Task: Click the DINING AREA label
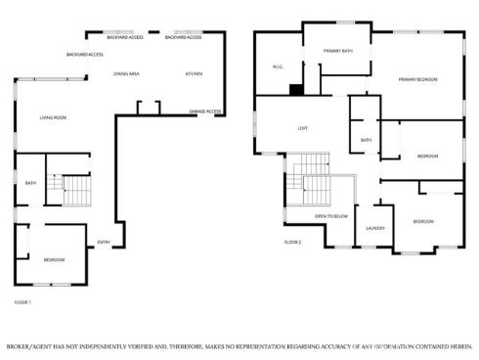point(126,74)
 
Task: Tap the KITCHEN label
point(194,74)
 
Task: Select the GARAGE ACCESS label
point(205,112)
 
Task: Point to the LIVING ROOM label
point(53,118)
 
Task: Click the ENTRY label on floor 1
point(104,243)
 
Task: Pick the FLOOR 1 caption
point(22,302)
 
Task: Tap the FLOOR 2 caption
point(293,242)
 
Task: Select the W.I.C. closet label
point(277,67)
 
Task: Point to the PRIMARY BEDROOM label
point(417,79)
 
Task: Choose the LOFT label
point(303,128)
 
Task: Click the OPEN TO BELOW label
point(331,215)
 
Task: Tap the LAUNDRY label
point(375,229)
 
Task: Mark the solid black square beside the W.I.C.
point(296,89)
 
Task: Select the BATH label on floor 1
point(30,183)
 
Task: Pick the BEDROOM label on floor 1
point(54,259)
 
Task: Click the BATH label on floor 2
point(366,140)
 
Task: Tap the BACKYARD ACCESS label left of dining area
point(85,55)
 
